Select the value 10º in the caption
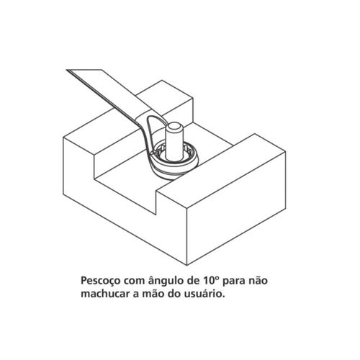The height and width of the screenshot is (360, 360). pos(210,280)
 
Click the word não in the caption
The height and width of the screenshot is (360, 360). pos(258,280)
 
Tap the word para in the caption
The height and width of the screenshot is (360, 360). pos(234,282)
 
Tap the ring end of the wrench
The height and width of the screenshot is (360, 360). pos(174,163)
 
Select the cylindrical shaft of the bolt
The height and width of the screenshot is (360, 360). pos(175,144)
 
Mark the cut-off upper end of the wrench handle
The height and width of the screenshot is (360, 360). pos(84,70)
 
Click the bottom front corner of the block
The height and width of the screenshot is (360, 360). pos(187,265)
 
